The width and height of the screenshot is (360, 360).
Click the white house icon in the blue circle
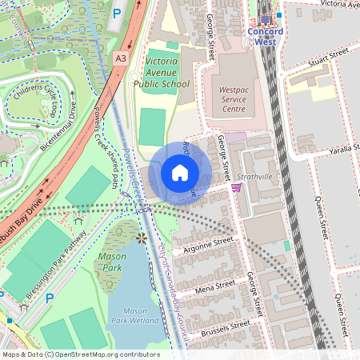tap(179, 173)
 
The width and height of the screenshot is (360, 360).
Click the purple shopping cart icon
tap(236, 187)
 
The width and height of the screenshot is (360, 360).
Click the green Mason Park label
tap(111, 262)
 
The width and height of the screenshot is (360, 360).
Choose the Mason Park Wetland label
tap(126, 315)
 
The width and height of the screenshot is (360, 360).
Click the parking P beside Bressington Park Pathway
tap(49, 298)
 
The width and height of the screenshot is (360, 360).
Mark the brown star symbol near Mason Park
tap(142, 238)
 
